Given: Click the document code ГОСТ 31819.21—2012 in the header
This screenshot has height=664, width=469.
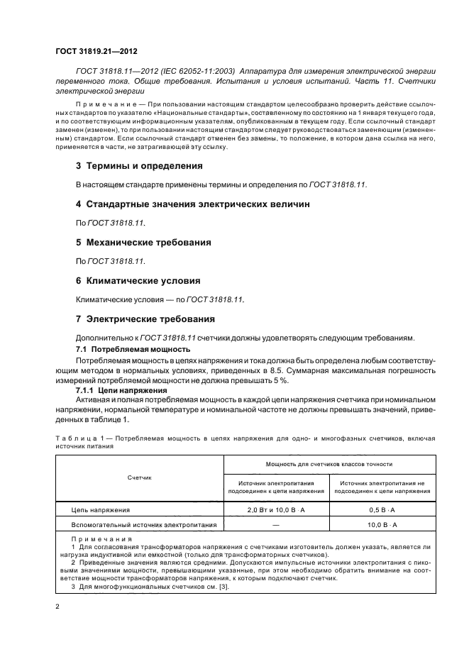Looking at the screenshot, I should point(96,51).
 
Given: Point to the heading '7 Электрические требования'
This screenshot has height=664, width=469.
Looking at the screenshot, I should point(145,319).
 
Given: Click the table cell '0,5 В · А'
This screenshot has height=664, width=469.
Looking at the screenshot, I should point(382,509).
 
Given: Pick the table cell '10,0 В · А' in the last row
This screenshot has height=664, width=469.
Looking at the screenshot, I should point(382,524).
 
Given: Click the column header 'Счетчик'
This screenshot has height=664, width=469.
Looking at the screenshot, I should point(140,477).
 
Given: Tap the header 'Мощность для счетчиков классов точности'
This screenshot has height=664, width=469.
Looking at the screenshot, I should point(329,464).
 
